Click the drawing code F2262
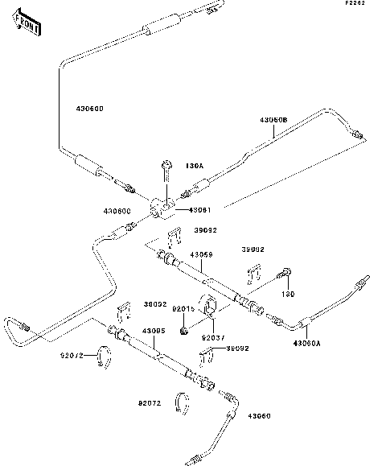(x=355, y=5)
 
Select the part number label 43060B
(x=273, y=121)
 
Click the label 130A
(x=195, y=166)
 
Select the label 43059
(x=201, y=255)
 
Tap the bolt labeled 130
(x=286, y=274)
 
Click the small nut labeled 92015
(x=186, y=328)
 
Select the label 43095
(x=154, y=331)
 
